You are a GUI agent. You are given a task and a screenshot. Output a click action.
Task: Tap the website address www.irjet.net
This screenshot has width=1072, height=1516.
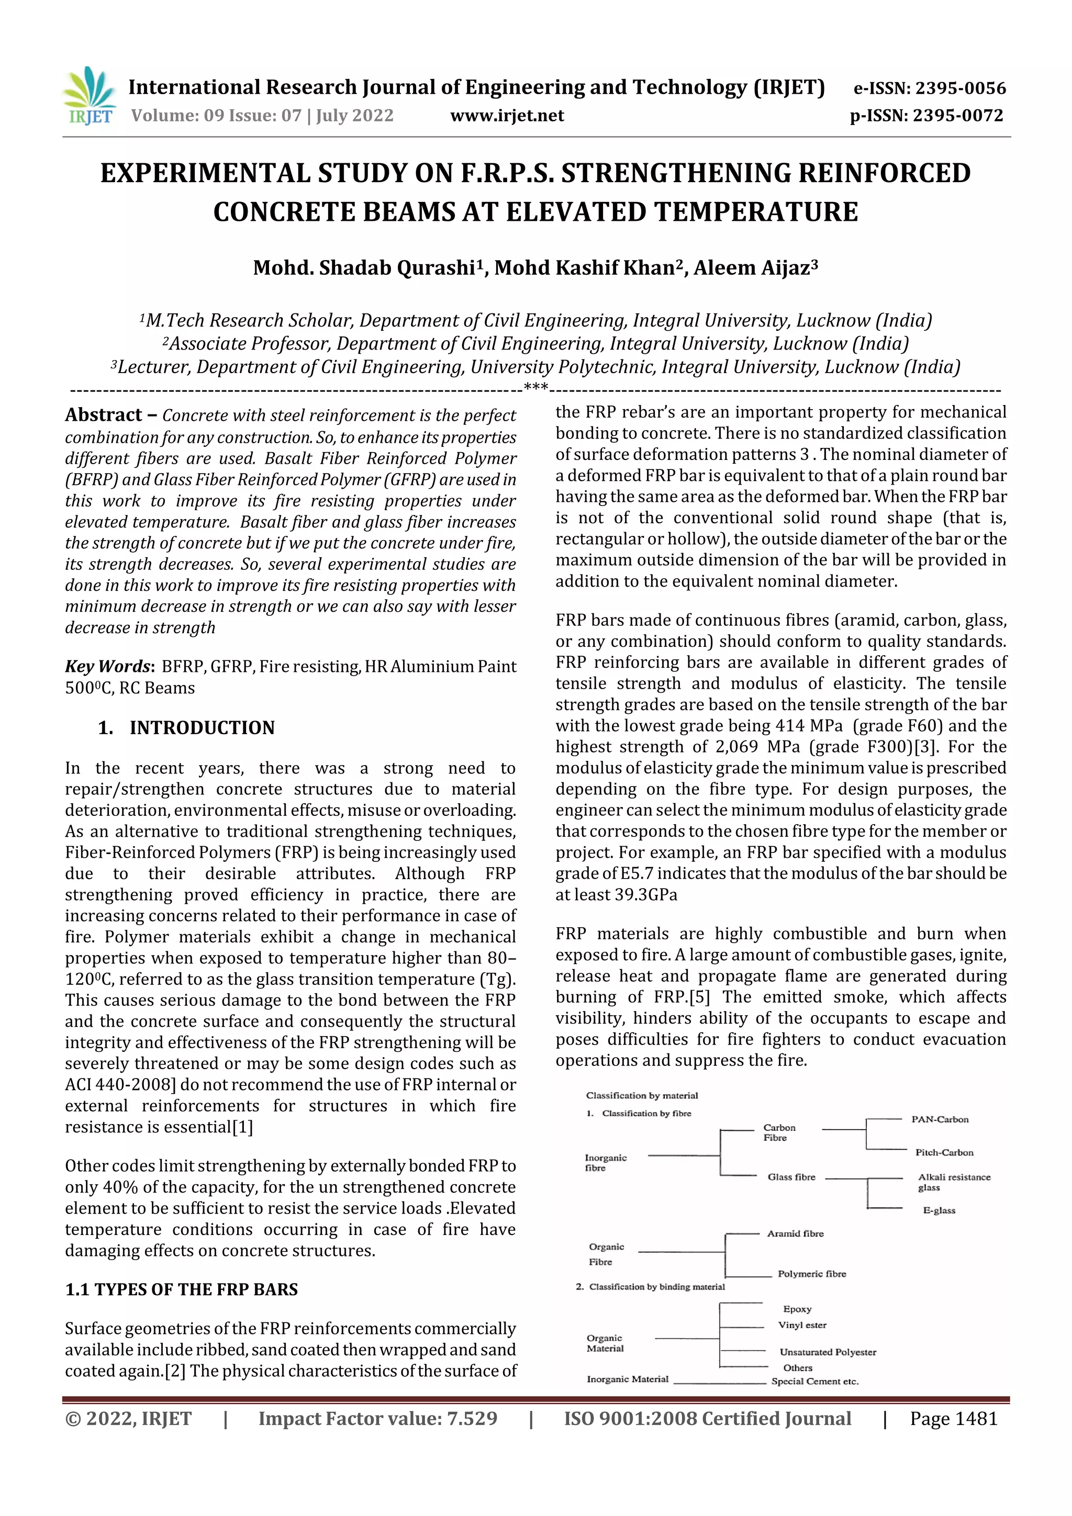point(507,116)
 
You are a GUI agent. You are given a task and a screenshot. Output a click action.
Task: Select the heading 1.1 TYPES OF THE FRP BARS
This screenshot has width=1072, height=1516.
point(181,1289)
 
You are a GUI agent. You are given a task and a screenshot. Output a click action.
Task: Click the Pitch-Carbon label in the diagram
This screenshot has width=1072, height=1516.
point(944,1152)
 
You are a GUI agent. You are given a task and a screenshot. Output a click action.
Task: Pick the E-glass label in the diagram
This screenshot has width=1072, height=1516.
point(939,1210)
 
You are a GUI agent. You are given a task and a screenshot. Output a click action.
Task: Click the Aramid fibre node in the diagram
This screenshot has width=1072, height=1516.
point(795,1233)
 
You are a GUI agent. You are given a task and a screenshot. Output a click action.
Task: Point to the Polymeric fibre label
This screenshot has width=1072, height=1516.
point(811,1274)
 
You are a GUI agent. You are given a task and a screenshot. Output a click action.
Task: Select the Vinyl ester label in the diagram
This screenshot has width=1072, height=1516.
point(802,1324)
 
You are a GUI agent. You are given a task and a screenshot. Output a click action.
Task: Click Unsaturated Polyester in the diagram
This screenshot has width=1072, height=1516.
point(828,1352)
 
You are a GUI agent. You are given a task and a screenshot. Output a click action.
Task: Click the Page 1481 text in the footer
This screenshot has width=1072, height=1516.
point(953,1419)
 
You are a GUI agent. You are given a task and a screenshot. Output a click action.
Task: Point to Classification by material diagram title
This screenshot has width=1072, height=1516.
point(641,1095)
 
